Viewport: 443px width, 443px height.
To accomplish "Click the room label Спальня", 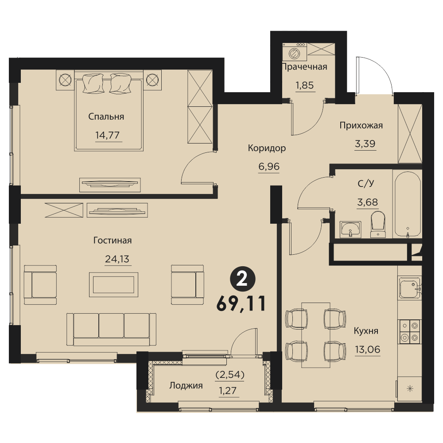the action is pyautogui.click(x=106, y=117).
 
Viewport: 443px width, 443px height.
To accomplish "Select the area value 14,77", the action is pyautogui.click(x=107, y=135).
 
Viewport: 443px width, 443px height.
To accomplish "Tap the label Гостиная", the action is pyautogui.click(x=113, y=240).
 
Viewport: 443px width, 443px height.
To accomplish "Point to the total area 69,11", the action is pyautogui.click(x=241, y=304).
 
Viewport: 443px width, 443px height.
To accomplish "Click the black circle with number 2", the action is pyautogui.click(x=243, y=280).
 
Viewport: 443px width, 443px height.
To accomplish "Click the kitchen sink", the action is pyautogui.click(x=410, y=288).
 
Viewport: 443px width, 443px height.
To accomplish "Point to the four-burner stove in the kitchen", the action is pyautogui.click(x=409, y=332).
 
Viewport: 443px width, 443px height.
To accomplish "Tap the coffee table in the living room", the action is pyautogui.click(x=113, y=285).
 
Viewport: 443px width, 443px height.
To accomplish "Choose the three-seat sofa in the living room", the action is pyautogui.click(x=112, y=330).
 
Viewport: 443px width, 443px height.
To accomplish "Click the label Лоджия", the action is pyautogui.click(x=186, y=386).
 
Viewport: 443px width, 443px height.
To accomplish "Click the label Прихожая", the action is pyautogui.click(x=361, y=125).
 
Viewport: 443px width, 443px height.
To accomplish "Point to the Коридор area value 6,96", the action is pyautogui.click(x=269, y=167).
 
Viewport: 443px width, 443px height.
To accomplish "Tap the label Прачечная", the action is pyautogui.click(x=305, y=67).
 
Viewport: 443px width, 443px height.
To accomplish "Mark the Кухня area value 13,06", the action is pyautogui.click(x=368, y=350).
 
